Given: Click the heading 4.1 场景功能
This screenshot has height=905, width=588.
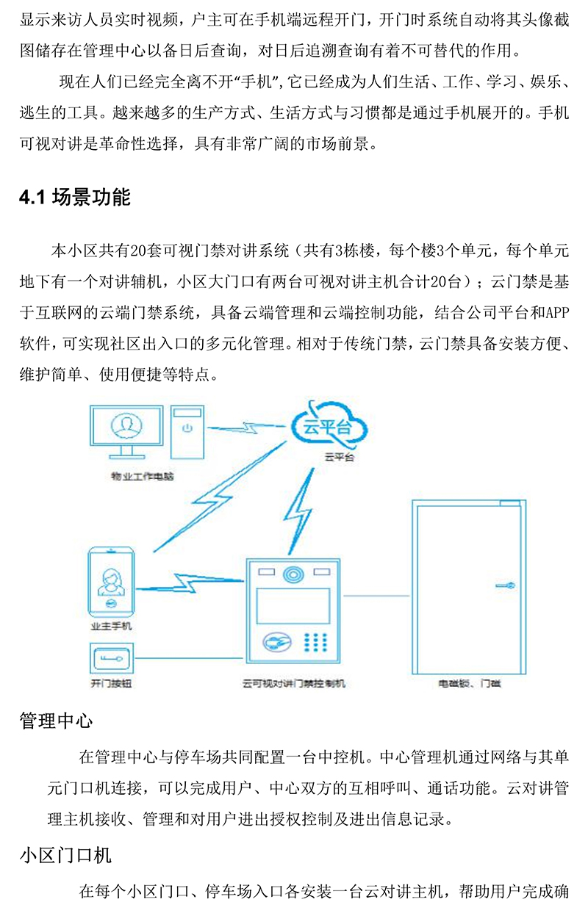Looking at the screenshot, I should (x=75, y=198).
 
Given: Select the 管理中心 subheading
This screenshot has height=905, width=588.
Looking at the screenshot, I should (x=56, y=721).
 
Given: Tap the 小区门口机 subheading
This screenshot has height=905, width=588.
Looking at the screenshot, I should (x=65, y=856).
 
